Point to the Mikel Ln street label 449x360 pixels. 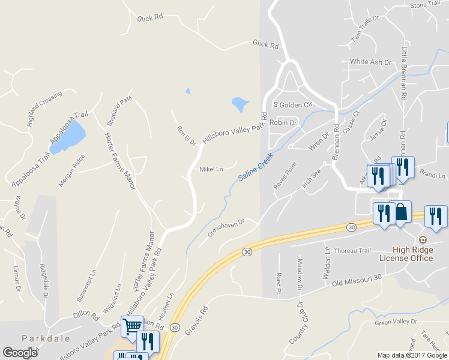pyautogui.click(x=211, y=169)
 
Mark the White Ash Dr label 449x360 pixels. pyautogui.click(x=370, y=62)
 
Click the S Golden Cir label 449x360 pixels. pyautogui.click(x=293, y=104)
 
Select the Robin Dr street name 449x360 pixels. pyautogui.click(x=283, y=122)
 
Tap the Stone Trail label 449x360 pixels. pyautogui.click(x=426, y=5)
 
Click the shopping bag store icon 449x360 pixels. pyautogui.click(x=401, y=213)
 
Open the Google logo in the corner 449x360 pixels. pyautogui.click(x=20, y=353)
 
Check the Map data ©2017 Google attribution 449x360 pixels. pyautogui.click(x=412, y=355)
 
